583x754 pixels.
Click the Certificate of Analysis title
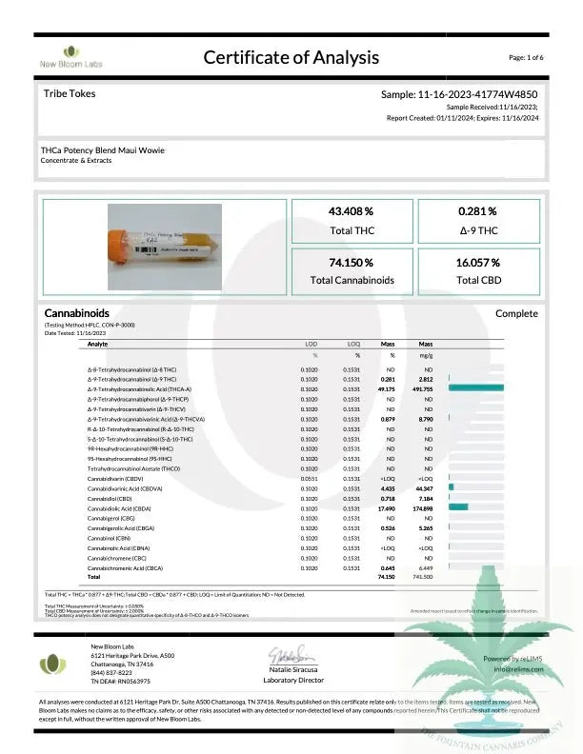291,58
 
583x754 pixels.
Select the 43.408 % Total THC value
351,211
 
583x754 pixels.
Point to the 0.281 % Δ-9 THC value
477,211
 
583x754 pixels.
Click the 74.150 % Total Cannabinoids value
351,262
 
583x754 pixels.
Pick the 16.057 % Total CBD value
477,262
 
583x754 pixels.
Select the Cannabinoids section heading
77,313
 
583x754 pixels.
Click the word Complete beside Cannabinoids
516,313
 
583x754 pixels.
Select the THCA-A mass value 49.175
388,388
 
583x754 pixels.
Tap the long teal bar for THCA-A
475,388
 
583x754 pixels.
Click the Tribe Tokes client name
70,94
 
